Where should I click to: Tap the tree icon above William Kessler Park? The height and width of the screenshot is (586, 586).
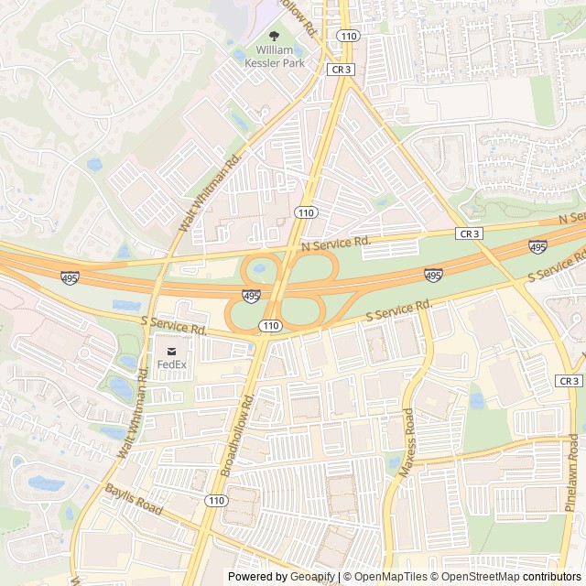click(x=275, y=36)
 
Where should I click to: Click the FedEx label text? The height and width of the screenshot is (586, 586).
click(x=171, y=364)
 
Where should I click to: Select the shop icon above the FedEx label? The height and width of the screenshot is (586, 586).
click(x=171, y=349)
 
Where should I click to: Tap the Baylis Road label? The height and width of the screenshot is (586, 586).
click(x=134, y=500)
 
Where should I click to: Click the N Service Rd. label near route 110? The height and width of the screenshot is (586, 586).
click(x=335, y=243)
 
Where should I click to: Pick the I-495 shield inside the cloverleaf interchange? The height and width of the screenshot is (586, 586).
click(x=251, y=295)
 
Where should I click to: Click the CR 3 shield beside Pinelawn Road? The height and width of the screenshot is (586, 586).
click(x=569, y=381)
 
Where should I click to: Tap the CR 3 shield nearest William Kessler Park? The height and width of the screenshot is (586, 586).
click(x=342, y=69)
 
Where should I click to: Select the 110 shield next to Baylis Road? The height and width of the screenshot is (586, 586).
click(x=216, y=500)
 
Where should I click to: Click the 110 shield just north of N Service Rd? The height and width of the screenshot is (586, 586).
click(x=305, y=212)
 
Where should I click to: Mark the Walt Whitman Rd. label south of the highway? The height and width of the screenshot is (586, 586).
click(x=134, y=412)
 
